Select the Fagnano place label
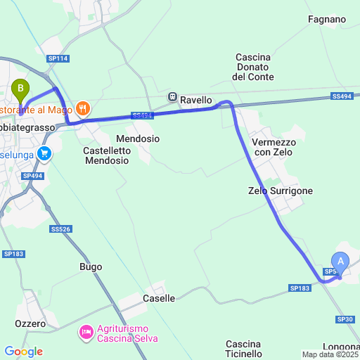pos(327,20)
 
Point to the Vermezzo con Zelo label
pos(274,147)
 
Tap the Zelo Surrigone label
pos(281,191)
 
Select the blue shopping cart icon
pos(44,153)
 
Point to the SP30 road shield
pos(345,319)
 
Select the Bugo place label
pos(91,267)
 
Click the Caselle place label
pos(159,298)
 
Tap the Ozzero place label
pos(30,323)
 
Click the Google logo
pos(23,352)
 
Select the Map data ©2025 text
pos(330,354)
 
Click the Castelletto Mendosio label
pos(106,155)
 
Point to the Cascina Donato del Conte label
pos(255,67)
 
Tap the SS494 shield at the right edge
pos(341,96)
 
